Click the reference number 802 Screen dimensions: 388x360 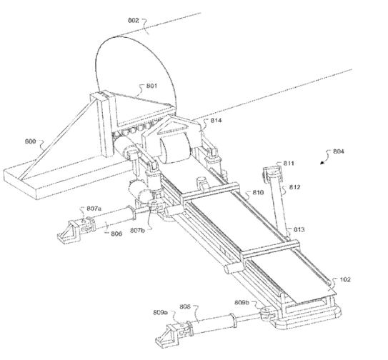click(x=133, y=20)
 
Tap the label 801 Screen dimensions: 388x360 click(x=151, y=86)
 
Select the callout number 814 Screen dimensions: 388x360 click(x=217, y=121)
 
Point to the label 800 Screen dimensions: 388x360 click(x=31, y=141)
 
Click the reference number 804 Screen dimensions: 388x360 click(x=339, y=151)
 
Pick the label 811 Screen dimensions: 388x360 click(x=289, y=164)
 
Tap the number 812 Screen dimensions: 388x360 click(x=295, y=187)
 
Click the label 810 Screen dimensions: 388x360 click(x=258, y=192)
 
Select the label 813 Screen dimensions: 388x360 click(x=299, y=229)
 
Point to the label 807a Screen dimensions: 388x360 click(x=94, y=209)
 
